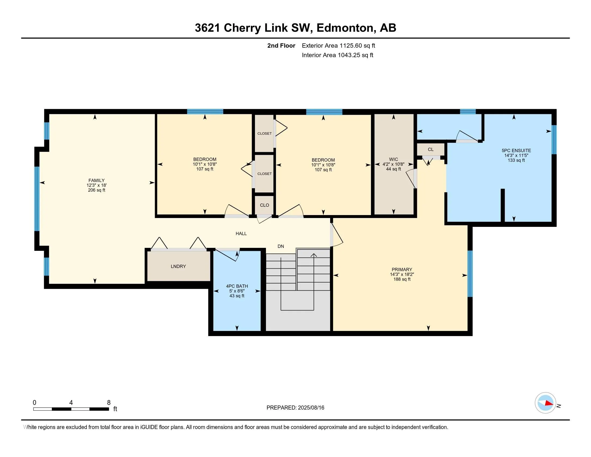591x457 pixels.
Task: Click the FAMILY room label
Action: coord(96,180)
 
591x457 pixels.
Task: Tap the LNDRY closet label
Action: coord(178,266)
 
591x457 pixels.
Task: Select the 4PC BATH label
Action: coord(237,286)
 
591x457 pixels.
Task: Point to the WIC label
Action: coord(394,159)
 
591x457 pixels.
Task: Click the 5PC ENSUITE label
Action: coord(516,151)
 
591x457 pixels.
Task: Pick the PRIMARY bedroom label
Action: coord(402,269)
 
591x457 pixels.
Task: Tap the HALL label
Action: coord(241,233)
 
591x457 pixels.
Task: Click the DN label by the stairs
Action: coord(281,246)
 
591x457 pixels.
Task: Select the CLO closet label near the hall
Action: coord(264,205)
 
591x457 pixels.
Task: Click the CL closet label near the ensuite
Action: coord(431,149)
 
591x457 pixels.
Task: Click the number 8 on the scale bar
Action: coord(109,403)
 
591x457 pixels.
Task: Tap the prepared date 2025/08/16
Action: coord(311,408)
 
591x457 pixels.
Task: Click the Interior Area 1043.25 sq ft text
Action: coord(337,55)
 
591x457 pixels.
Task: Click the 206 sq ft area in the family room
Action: coord(97,190)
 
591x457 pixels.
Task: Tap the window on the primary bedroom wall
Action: coord(470,274)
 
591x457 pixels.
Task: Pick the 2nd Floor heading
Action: coord(281,46)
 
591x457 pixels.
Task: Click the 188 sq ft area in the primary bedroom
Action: coord(402,279)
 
